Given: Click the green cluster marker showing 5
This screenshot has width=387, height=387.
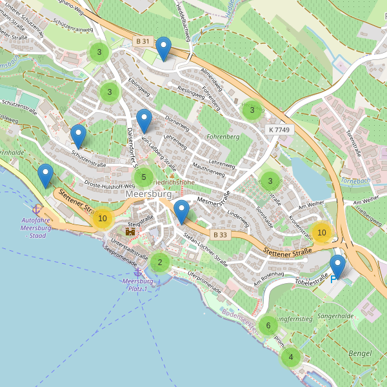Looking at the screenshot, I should (144, 177).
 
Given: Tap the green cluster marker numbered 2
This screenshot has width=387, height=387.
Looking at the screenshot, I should (159, 262).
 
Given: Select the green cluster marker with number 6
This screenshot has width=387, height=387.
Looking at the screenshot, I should (268, 325).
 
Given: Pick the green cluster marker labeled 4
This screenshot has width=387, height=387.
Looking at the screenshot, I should (291, 357).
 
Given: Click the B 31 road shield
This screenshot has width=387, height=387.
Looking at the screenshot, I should (143, 41).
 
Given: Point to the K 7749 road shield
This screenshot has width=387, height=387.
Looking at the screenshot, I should (279, 130).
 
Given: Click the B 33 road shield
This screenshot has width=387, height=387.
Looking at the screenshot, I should (221, 234).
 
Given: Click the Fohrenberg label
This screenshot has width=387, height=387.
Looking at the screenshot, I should (223, 137).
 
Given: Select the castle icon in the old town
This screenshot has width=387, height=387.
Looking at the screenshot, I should (130, 230).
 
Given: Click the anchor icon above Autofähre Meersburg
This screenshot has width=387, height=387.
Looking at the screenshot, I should (37, 209).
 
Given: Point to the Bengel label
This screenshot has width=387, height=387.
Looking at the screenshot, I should (359, 353).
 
